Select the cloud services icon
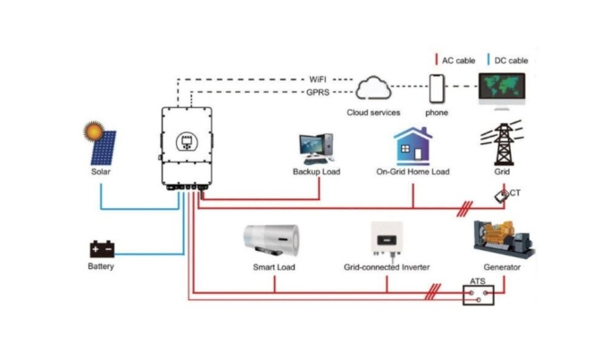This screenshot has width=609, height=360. [372, 89]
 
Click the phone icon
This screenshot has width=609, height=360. [437, 88]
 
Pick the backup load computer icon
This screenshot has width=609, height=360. [316, 146]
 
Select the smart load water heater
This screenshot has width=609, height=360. [273, 241]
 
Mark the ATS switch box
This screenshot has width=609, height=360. [479, 294]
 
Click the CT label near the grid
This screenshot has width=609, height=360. [515, 192]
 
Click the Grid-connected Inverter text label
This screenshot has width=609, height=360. [387, 267]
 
